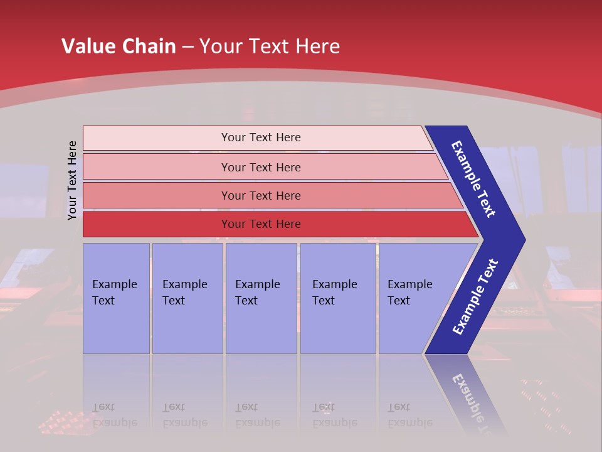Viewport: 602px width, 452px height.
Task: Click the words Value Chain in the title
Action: click(x=119, y=46)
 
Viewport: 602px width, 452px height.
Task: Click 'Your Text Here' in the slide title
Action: click(x=270, y=46)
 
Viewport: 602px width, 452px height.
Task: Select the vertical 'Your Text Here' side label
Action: click(x=73, y=181)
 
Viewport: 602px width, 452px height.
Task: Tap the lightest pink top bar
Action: click(x=157, y=138)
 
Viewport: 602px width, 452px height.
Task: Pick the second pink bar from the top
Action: click(x=157, y=167)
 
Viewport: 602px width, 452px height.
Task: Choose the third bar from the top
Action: click(x=157, y=195)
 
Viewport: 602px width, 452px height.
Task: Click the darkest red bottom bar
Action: click(x=157, y=224)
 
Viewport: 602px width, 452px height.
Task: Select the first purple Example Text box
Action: click(x=116, y=298)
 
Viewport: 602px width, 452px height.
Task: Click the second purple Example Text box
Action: click(x=187, y=298)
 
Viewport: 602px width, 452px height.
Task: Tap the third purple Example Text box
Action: click(x=261, y=298)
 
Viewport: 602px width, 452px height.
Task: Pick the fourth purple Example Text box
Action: click(x=337, y=298)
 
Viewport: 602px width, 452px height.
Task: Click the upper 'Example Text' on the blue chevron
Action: click(x=473, y=179)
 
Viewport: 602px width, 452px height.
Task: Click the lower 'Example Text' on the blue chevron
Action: click(x=475, y=297)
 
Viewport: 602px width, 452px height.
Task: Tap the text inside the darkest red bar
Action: click(x=261, y=224)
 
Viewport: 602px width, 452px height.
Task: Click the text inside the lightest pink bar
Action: click(x=261, y=137)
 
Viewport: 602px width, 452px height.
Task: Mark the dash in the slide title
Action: click(x=187, y=47)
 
